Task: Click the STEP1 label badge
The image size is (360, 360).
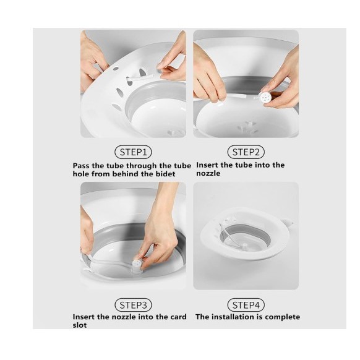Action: pyautogui.click(x=133, y=152)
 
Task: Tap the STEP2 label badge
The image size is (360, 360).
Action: pyautogui.click(x=246, y=152)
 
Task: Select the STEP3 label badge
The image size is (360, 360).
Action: pyautogui.click(x=133, y=305)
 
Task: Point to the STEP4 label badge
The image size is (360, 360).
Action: pyautogui.click(x=246, y=305)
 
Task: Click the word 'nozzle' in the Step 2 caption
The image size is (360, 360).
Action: pyautogui.click(x=208, y=173)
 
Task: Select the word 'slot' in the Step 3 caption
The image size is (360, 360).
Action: pyautogui.click(x=80, y=325)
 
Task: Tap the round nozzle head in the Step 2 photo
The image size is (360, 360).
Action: pyautogui.click(x=265, y=98)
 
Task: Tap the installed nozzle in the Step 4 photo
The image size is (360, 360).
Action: pyautogui.click(x=245, y=246)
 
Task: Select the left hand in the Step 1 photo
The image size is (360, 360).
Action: pyautogui.click(x=92, y=61)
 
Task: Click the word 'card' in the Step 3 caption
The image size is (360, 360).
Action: pyautogui.click(x=178, y=317)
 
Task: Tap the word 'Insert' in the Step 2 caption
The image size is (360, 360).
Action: pyautogui.click(x=207, y=165)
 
